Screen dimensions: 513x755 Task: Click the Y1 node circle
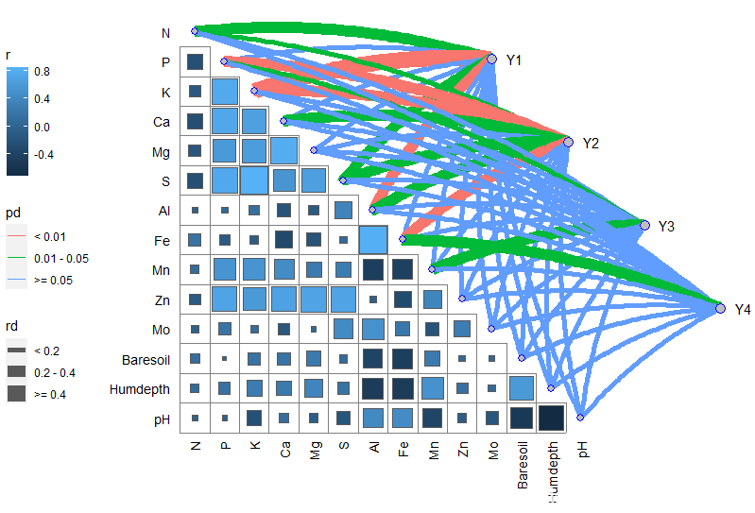[491, 59]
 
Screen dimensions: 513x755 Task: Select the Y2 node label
[591, 143]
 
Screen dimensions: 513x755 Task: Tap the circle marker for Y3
[644, 226]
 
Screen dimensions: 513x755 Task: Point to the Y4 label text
[743, 309]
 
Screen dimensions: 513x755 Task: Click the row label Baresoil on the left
[147, 360]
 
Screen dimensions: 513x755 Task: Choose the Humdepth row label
[142, 389]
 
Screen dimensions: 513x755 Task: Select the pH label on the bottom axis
[582, 453]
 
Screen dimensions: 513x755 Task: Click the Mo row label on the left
[162, 331]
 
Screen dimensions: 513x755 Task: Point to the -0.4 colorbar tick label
[43, 154]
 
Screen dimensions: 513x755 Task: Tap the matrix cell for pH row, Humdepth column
[551, 418]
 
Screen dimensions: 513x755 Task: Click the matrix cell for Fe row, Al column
[373, 241]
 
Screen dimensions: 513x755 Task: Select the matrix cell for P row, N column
[195, 62]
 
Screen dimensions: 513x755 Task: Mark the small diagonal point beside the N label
[195, 31]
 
